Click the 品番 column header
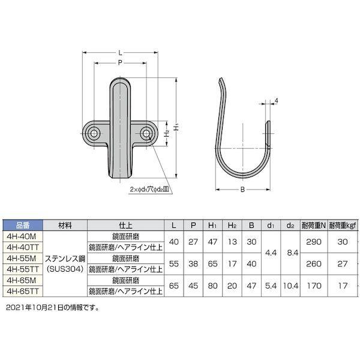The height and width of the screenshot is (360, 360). [x=20, y=226]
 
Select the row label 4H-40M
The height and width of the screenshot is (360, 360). [x=20, y=236]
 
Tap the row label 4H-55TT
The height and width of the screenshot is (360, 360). [x=20, y=269]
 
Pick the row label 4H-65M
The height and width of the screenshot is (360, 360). [x=20, y=280]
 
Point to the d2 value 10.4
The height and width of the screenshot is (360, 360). [x=290, y=285]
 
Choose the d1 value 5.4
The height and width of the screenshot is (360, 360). [x=271, y=285]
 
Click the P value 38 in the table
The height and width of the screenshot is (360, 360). [x=192, y=263]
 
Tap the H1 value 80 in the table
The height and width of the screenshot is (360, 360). [x=212, y=285]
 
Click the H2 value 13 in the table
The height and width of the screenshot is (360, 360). [x=232, y=242]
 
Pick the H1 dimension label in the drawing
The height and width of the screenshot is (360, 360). [x=176, y=127]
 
